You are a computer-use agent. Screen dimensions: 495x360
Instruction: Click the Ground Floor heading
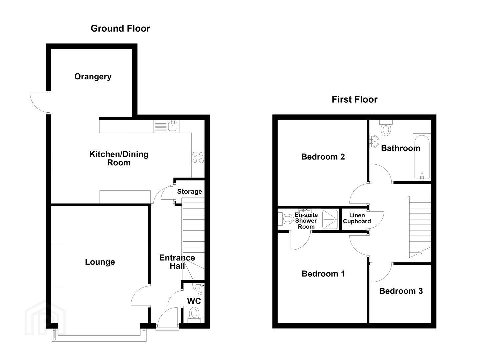tap(120, 29)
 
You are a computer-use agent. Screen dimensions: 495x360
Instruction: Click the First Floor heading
tap(354, 99)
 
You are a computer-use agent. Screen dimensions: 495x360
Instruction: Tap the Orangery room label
tap(93, 77)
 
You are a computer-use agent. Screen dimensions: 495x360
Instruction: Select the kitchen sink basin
tap(173, 126)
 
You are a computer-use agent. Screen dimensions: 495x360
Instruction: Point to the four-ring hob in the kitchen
tap(198, 158)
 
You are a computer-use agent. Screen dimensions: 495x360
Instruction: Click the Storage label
tap(189, 191)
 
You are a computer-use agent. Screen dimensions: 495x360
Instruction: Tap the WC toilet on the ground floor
tap(194, 315)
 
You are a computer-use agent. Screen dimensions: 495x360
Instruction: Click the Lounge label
tap(100, 262)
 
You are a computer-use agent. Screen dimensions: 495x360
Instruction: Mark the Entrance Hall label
tap(177, 262)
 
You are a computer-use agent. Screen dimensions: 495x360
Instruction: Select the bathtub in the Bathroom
tap(422, 157)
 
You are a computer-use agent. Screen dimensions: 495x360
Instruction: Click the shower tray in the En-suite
tap(330, 219)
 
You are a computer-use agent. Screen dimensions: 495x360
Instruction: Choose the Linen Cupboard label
tap(357, 218)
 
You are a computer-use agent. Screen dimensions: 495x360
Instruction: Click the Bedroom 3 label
tap(401, 291)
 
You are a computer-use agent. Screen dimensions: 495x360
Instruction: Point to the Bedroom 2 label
tap(323, 157)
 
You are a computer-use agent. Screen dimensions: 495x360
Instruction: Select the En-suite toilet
tap(286, 219)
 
